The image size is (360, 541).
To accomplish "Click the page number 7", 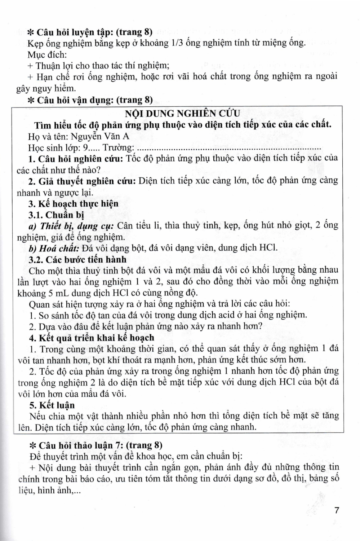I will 337,510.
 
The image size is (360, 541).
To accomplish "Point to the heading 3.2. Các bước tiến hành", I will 77,259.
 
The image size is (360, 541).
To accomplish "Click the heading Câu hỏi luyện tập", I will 90,32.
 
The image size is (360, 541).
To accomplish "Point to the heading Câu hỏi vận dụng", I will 90,100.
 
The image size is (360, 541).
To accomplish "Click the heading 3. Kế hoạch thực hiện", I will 73,204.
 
